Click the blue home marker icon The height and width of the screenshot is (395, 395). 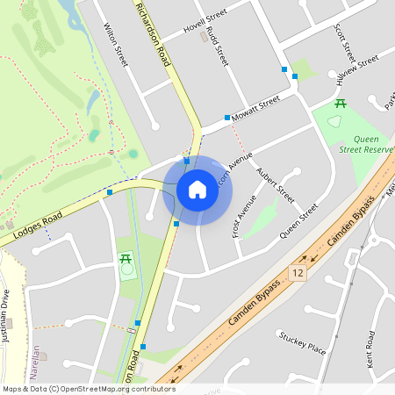(197, 190)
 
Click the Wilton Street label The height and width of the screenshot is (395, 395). (116, 47)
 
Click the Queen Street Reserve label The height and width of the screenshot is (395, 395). (373, 144)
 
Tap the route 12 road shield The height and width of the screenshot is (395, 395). (301, 275)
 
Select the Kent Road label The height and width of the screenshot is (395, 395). (370, 348)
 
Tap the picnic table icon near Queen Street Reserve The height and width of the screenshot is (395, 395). (340, 104)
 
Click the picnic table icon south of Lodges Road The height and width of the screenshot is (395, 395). (125, 259)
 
